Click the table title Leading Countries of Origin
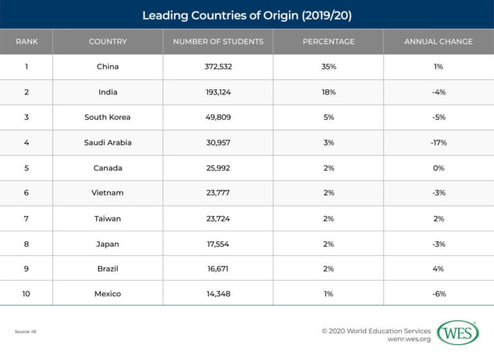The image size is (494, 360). [x=247, y=15]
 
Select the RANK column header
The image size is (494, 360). [x=27, y=42]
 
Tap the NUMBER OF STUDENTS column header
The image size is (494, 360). [x=218, y=42]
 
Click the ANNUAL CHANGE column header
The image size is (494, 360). [x=438, y=42]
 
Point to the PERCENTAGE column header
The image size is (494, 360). [x=329, y=42]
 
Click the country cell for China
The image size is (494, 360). [x=108, y=66]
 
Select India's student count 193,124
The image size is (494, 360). [x=218, y=92]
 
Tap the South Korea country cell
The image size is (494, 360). [x=107, y=117]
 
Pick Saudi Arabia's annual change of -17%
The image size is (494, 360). [x=439, y=143]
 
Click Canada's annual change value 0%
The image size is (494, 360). [x=439, y=168]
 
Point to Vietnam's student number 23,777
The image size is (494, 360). [x=218, y=193]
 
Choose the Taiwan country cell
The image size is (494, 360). [x=107, y=219]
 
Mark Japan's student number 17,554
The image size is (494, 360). [x=218, y=244]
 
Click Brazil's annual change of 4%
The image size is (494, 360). [x=438, y=269]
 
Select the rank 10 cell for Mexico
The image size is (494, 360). [x=26, y=294]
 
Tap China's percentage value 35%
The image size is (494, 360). [x=329, y=66]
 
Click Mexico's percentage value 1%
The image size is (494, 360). [x=328, y=294]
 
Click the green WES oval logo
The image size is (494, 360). [x=458, y=332]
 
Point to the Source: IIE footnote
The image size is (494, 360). [x=26, y=332]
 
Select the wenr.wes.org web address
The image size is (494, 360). [x=409, y=339]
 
